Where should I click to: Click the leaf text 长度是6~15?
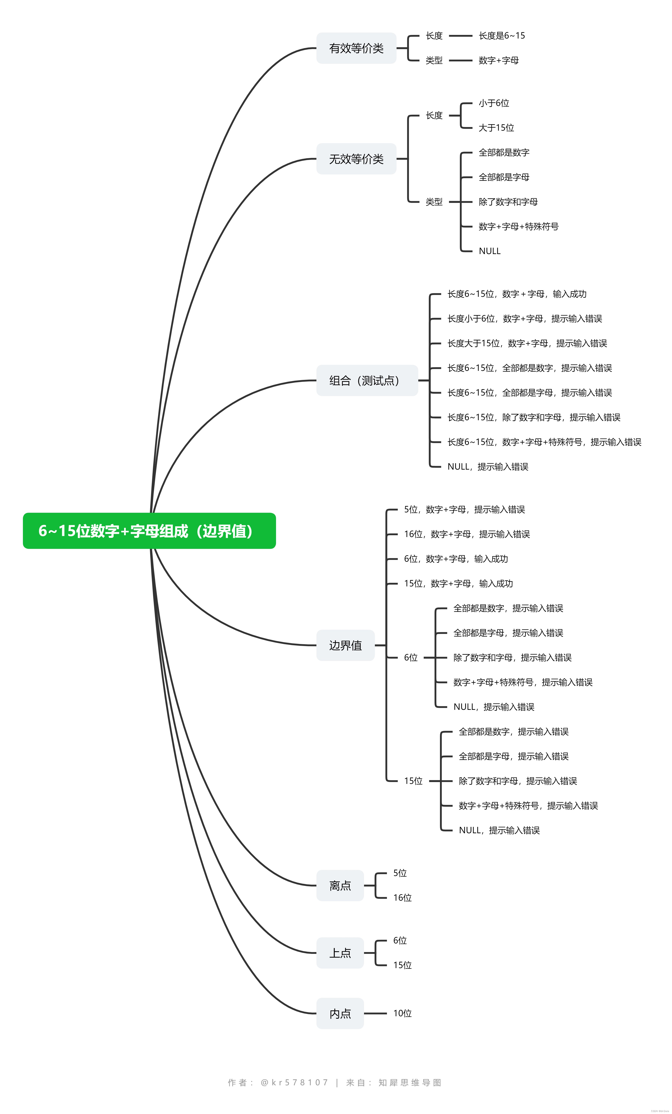501,36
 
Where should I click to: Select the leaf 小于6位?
494,103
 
